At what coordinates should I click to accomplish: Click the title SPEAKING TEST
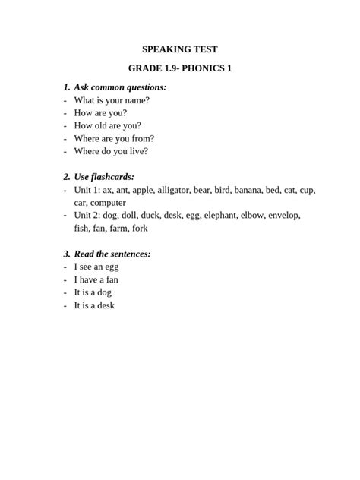(x=180, y=49)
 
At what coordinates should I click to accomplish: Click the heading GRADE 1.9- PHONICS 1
(x=180, y=68)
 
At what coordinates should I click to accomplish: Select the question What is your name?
(x=112, y=100)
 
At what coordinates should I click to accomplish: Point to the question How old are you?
(x=107, y=125)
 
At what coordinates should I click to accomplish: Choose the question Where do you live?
(x=111, y=151)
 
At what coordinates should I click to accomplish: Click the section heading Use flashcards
(x=109, y=177)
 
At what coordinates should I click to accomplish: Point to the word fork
(x=140, y=228)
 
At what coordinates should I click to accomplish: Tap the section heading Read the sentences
(x=112, y=254)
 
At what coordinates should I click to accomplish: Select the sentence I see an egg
(x=96, y=267)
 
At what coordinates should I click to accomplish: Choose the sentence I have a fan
(x=96, y=279)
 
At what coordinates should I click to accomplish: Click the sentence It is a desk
(x=94, y=305)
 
